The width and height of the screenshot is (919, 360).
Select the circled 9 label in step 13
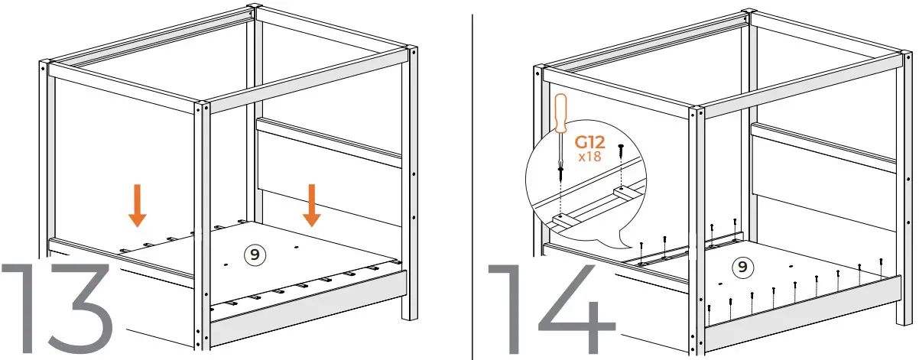[253, 253]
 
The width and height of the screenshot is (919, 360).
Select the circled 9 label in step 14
[739, 267]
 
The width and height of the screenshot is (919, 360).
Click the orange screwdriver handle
[560, 115]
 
